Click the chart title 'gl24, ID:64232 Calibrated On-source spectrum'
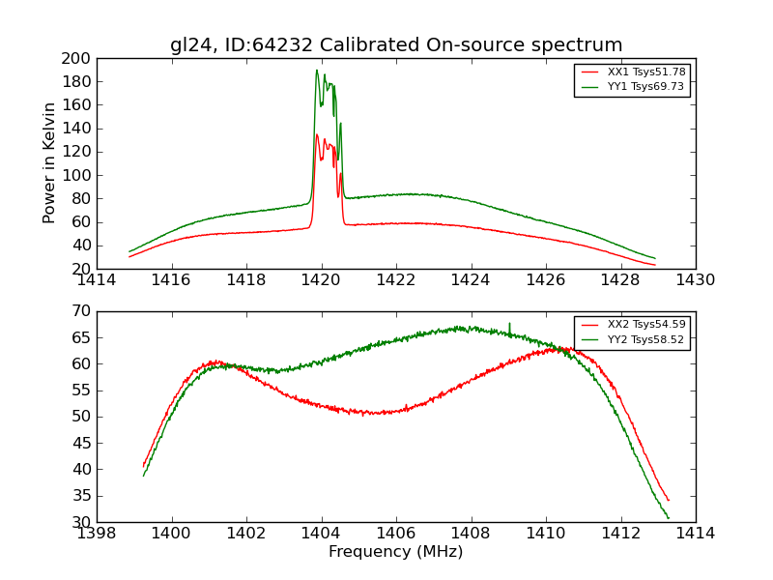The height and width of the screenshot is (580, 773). coord(396,45)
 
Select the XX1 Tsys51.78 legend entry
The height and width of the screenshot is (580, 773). coord(646,72)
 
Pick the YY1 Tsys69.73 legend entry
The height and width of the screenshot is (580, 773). coord(646,87)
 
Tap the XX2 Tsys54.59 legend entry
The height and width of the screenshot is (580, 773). coord(646,325)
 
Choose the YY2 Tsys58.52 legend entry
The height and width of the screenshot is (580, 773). coord(646,339)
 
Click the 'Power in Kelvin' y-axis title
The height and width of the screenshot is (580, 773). coord(50,163)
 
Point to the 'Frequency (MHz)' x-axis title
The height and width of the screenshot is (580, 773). coord(396,552)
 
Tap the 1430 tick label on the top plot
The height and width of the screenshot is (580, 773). coord(695,280)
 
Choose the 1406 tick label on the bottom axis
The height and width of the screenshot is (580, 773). coord(396,533)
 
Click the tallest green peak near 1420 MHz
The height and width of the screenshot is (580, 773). coord(316,71)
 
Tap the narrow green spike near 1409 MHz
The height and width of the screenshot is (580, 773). coord(509,325)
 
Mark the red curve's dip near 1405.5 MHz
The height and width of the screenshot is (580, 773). coord(379,413)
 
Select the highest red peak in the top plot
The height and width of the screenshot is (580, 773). coord(316,135)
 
